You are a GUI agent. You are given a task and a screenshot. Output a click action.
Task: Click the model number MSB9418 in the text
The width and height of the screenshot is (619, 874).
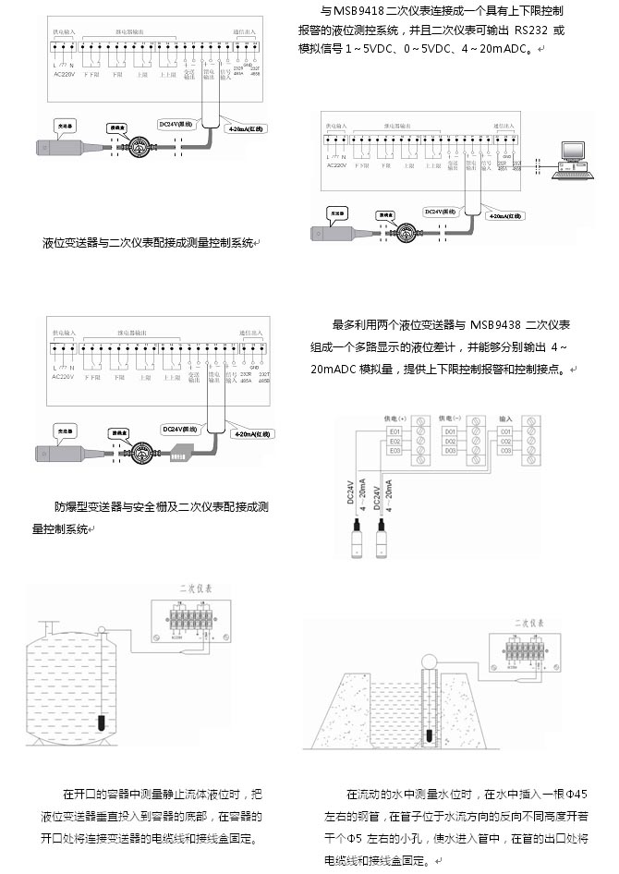[368, 11]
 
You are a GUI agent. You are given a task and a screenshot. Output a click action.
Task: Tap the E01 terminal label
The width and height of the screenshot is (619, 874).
[394, 432]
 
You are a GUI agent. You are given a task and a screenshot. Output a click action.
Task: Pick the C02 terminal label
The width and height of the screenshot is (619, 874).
[505, 442]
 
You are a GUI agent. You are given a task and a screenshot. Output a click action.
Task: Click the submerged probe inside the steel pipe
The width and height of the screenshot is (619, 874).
[431, 734]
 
